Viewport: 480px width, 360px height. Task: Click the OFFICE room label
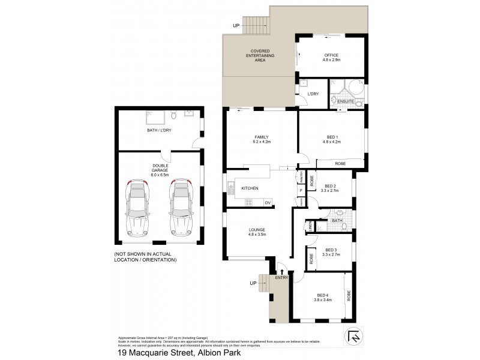pos(332,58)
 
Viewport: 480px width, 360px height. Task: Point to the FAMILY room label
pos(262,139)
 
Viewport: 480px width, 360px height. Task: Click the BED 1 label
pos(332,139)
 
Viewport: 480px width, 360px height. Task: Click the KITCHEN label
pos(250,188)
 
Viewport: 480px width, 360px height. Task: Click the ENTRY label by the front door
pos(281,278)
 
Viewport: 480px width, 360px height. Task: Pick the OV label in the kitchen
pos(267,202)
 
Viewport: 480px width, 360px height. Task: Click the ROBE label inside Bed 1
pos(340,163)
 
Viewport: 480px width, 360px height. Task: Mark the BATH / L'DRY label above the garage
pos(160,130)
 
